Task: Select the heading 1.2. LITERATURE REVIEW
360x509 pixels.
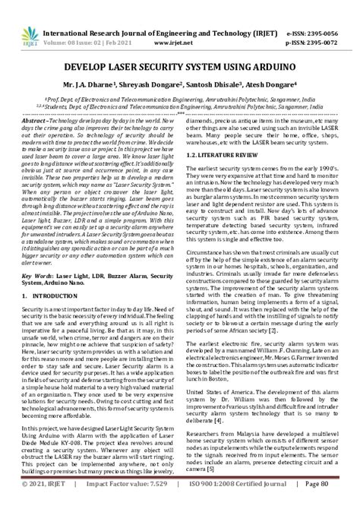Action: (x=222, y=154)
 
